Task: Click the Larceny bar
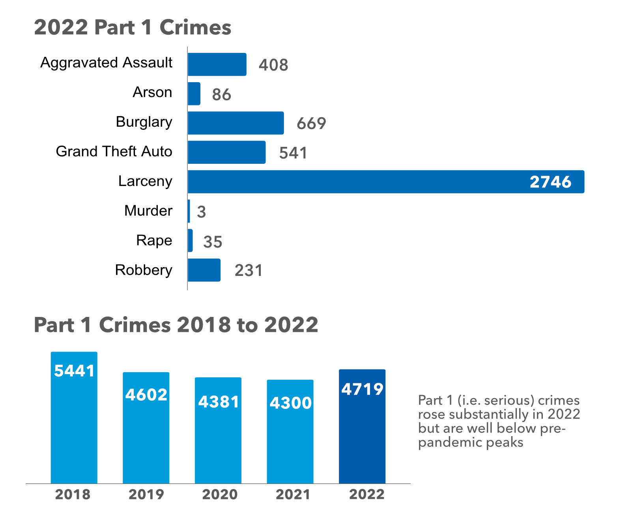(355, 182)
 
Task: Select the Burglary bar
(236, 123)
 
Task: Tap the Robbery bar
(204, 270)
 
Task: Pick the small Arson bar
(194, 94)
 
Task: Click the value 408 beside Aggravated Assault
(273, 65)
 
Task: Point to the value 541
(293, 153)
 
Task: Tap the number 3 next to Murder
(201, 212)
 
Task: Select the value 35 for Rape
(213, 242)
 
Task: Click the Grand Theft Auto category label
(114, 152)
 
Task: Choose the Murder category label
(148, 211)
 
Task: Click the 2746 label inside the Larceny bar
(550, 182)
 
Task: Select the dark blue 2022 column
(362, 434)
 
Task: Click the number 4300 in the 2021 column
(290, 403)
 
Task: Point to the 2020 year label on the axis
(220, 495)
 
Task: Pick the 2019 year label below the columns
(146, 495)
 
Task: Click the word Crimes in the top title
(195, 28)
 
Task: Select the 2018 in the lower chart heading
(204, 325)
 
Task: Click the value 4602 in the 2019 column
(146, 395)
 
